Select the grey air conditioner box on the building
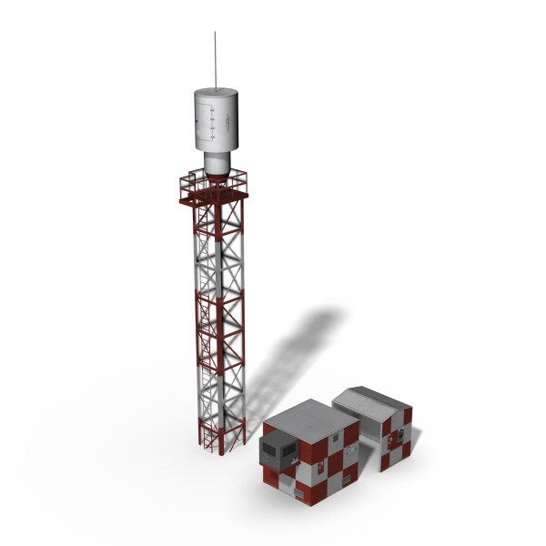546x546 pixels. click(278, 447)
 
